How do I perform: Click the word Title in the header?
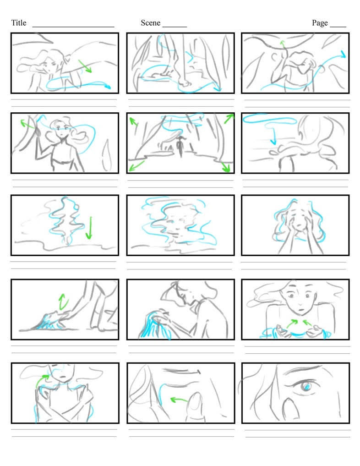[x=19, y=23]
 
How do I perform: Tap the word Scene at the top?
[x=150, y=23]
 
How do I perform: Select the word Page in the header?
[x=320, y=23]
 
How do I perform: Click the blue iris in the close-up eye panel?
[x=306, y=388]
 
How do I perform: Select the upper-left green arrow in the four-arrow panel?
[x=134, y=122]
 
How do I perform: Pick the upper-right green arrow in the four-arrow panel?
[x=229, y=118]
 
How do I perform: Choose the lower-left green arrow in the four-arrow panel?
[x=136, y=164]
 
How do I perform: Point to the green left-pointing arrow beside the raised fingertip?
[x=179, y=400]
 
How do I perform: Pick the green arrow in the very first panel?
[x=85, y=66]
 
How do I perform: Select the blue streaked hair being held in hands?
[x=153, y=325]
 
